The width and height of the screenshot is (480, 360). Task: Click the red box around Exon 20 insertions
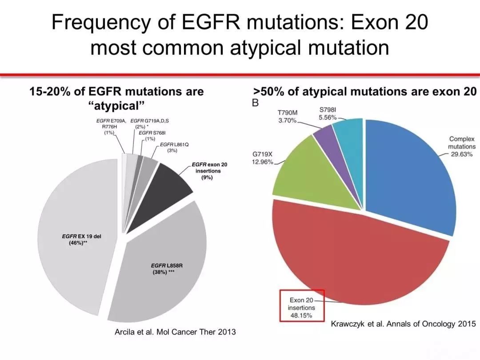click(302, 305)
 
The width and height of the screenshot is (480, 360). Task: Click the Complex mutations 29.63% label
click(461, 147)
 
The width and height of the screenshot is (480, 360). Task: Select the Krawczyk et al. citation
click(403, 324)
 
